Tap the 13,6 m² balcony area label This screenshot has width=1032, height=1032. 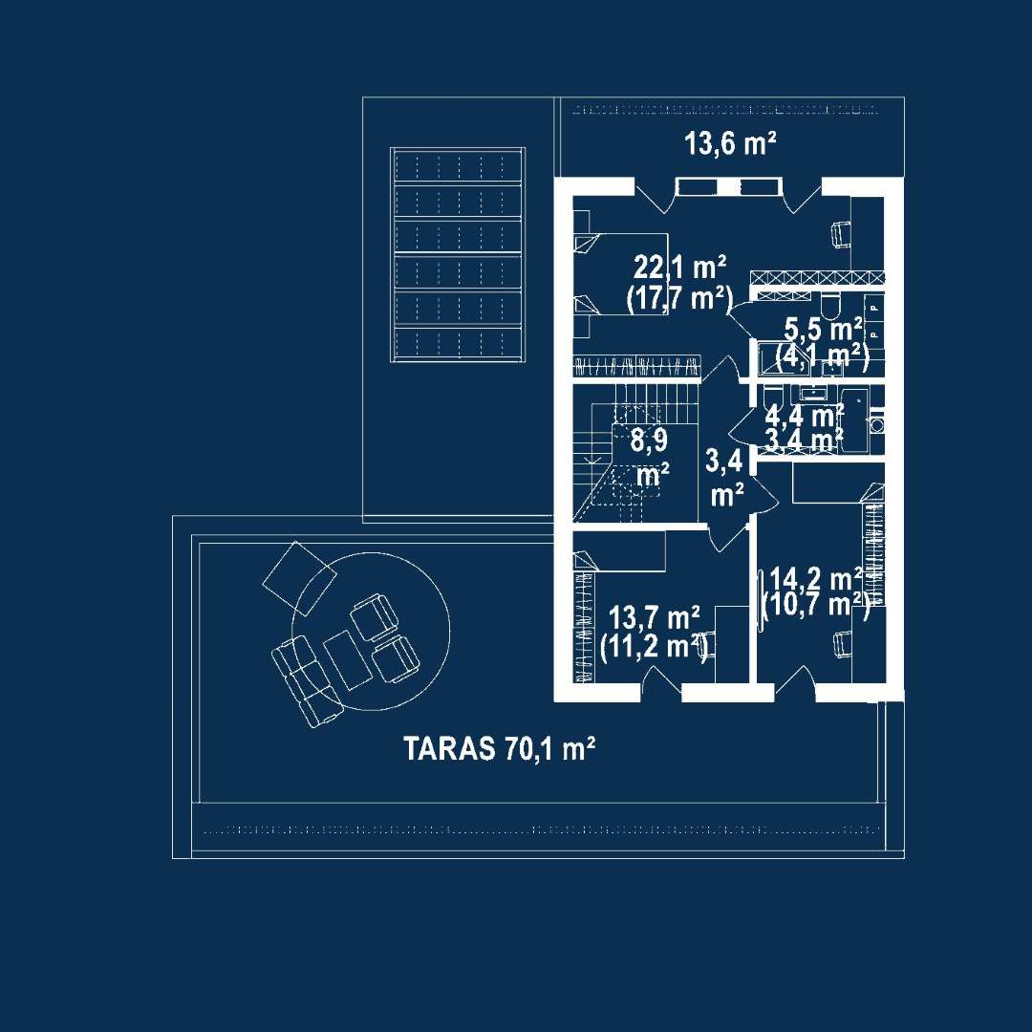pos(729,144)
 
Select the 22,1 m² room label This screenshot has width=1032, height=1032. pos(680,265)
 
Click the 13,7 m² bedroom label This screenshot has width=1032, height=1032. pos(656,616)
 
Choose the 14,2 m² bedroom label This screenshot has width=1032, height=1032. pos(816,578)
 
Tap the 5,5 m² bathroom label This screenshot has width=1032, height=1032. pos(823,330)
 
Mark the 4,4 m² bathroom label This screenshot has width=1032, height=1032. pos(805,416)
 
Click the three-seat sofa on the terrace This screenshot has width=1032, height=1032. pos(304,677)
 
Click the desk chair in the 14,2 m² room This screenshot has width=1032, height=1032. pos(843,644)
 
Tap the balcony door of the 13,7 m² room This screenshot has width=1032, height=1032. pos(663,680)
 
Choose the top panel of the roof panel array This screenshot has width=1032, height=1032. pos(457,167)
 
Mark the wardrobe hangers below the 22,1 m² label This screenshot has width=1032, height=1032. pos(636,364)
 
